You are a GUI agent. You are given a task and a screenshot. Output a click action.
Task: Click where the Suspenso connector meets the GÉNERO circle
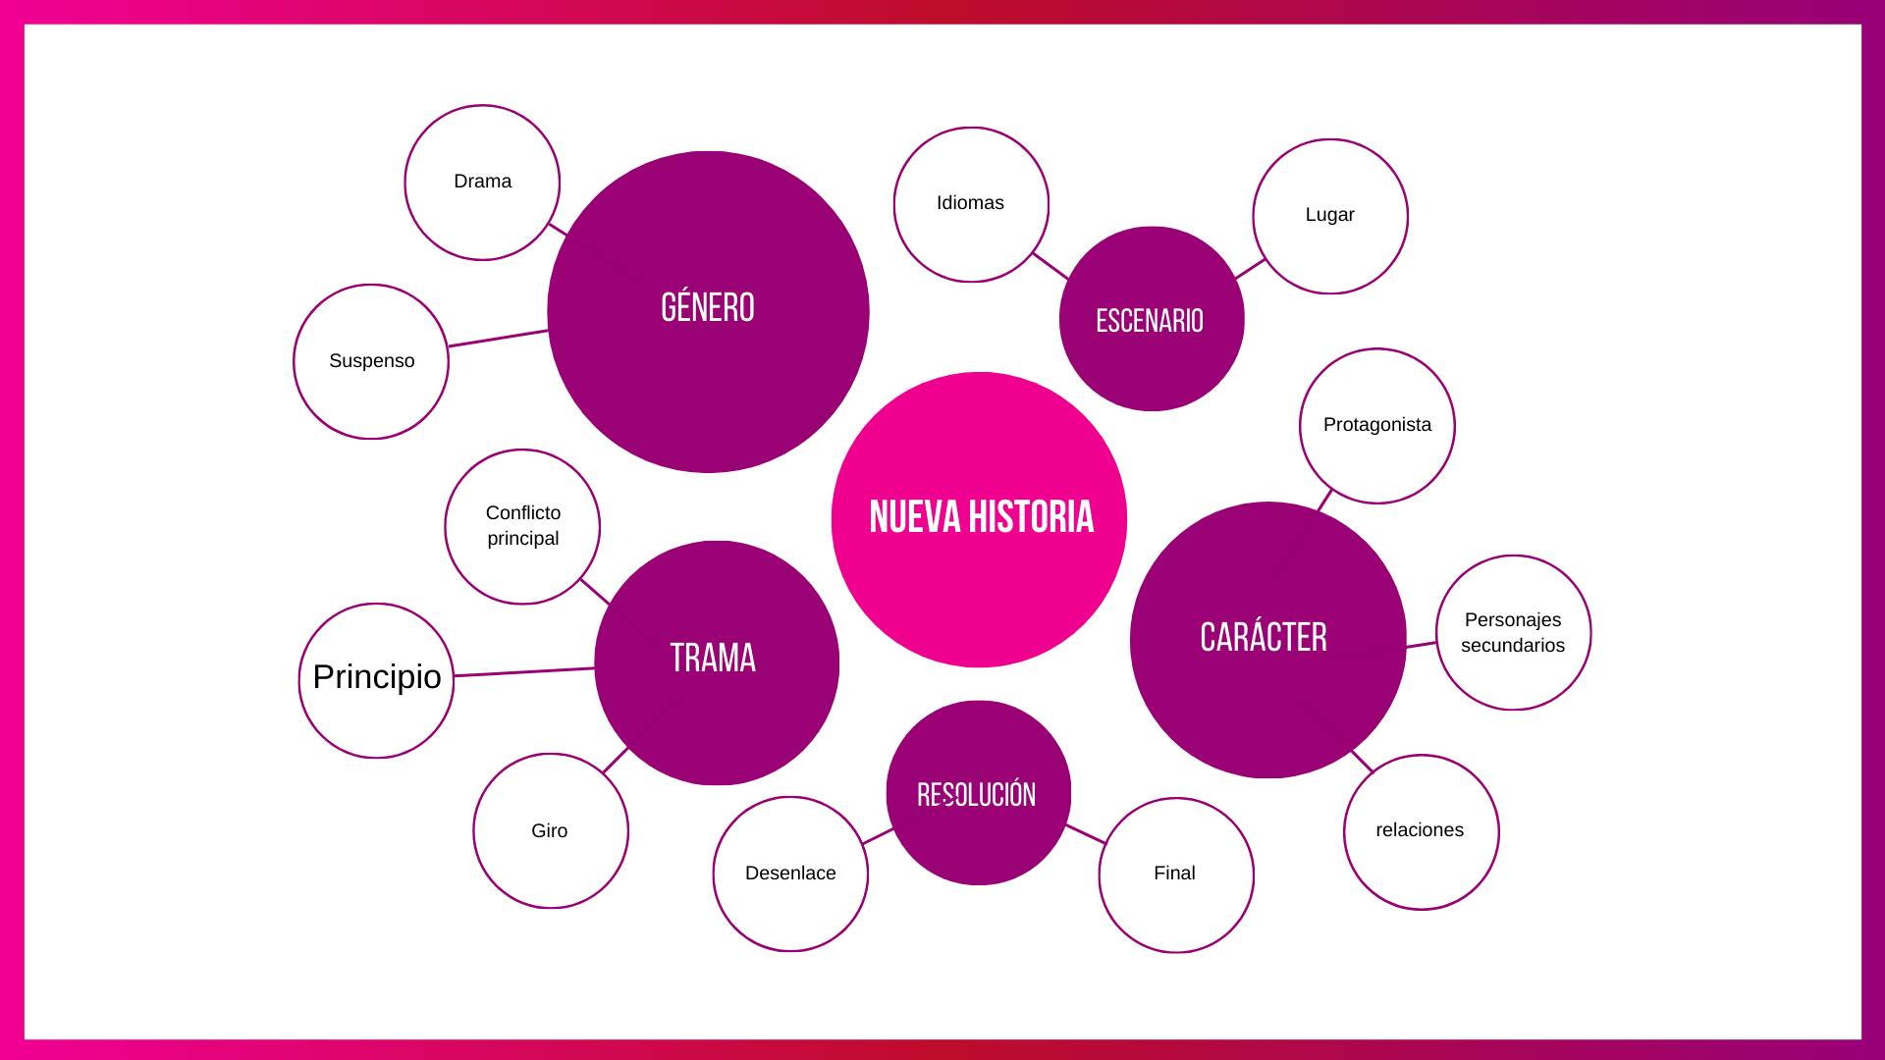[x=549, y=331]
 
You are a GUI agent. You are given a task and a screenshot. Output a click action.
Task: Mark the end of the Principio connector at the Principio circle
[x=454, y=675]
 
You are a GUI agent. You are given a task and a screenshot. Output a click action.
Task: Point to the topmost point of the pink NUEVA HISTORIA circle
[x=979, y=372]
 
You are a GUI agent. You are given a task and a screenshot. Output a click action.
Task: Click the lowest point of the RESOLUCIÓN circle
[x=978, y=884]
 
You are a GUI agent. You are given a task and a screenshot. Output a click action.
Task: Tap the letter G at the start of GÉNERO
[x=669, y=308]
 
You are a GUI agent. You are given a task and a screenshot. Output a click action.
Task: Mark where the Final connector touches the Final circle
[x=1105, y=843]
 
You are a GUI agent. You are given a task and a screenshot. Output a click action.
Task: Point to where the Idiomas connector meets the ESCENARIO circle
[x=1068, y=280]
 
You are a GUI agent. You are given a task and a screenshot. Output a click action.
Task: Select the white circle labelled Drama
[x=482, y=183]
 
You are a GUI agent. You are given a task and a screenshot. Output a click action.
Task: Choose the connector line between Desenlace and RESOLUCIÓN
[x=878, y=836]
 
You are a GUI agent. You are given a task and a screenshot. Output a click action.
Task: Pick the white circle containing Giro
[x=551, y=830]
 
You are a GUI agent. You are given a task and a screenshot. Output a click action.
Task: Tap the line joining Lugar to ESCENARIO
[x=1250, y=269]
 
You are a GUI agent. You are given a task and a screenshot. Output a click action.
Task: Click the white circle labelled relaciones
[x=1421, y=832]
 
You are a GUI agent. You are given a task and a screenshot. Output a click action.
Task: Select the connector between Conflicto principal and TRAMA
[x=595, y=591]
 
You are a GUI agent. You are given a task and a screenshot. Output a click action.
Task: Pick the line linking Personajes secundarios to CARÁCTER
[x=1421, y=645]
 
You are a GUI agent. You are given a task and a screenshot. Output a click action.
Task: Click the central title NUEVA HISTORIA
[x=981, y=517]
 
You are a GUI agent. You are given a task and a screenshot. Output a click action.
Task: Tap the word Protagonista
[x=1376, y=425]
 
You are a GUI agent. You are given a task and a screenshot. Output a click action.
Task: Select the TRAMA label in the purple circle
[x=713, y=658]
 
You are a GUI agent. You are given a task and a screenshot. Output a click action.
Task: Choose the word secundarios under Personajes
[x=1512, y=646]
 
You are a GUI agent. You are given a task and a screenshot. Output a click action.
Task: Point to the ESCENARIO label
[x=1150, y=321]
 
